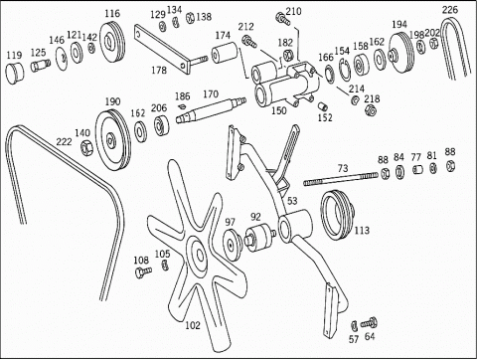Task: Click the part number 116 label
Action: pos(112,14)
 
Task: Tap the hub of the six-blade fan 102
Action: pos(199,255)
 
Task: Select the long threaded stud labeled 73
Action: pos(341,179)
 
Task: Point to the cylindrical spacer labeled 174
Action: pos(225,53)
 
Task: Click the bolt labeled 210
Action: pos(282,18)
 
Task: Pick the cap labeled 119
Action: pos(15,73)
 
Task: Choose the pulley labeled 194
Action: pos(400,52)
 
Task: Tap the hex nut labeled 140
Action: pos(87,147)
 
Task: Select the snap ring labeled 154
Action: pos(344,69)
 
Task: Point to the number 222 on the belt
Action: pos(64,141)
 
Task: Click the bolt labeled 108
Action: pos(143,271)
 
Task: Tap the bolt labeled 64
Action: pos(369,322)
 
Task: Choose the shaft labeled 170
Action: pos(211,109)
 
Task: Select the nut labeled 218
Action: pos(370,110)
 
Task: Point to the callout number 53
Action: pos(292,201)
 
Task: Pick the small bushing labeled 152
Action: pos(322,106)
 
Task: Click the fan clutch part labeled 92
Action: pos(260,237)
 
